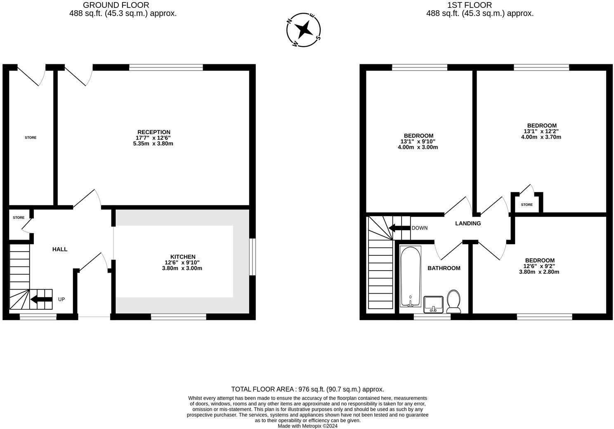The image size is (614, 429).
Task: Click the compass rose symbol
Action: [x=304, y=30]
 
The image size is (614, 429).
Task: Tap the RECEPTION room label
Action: [x=154, y=132]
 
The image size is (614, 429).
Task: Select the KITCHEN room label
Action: [x=183, y=257]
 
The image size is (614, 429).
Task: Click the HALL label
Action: [x=60, y=249]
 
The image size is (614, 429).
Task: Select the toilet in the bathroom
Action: [x=453, y=302]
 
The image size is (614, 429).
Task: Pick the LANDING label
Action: [x=468, y=224]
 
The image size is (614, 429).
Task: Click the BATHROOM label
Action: [x=444, y=268]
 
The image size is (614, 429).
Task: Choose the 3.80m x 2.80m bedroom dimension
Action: [x=539, y=272]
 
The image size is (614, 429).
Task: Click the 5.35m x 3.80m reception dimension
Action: [x=154, y=144]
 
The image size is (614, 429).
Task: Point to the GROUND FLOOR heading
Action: [x=116, y=5]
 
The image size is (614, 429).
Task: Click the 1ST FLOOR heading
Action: [x=470, y=5]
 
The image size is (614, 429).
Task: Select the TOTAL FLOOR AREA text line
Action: [x=307, y=389]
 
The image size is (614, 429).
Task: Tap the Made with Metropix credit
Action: [x=307, y=426]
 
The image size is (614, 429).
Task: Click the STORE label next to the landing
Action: [x=527, y=205]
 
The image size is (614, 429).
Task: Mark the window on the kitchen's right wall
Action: [x=253, y=257]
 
